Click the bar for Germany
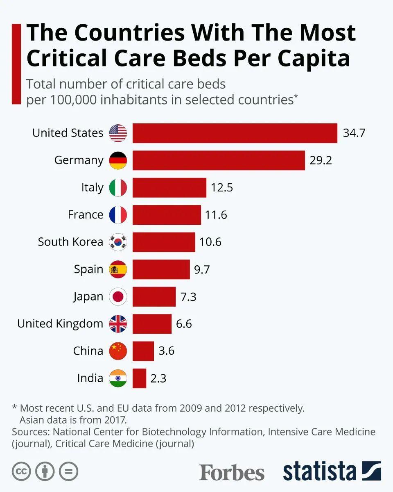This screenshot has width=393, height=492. coord(219,160)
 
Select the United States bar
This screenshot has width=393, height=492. coord(235,133)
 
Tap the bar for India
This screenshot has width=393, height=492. coord(139,378)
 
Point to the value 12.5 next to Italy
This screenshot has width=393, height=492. coord(222,187)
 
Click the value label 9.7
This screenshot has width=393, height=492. coord(202,269)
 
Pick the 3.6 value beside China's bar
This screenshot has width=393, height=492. coord(166,351)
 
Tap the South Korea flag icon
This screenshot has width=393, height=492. coord(118,242)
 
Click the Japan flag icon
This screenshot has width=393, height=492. coord(118,296)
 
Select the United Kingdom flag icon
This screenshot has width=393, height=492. coord(118,324)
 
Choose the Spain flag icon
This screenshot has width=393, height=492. coord(118,269)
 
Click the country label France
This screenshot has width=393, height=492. coord(86,214)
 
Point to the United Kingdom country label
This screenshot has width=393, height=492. coord(60,324)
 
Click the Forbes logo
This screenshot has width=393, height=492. coord(232,472)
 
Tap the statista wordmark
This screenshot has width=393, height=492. coord(320,471)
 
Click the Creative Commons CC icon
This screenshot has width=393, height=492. coord(21,471)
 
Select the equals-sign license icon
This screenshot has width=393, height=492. coord(68,471)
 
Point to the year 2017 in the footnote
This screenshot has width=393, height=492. coord(113,420)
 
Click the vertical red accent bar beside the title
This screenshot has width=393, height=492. coord(16,64)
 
